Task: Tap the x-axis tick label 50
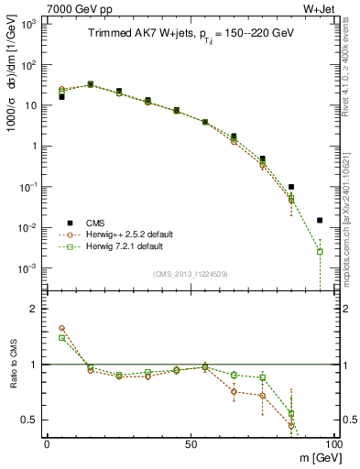tap(190, 442)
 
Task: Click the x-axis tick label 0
tap(47, 442)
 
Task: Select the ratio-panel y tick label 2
tap(34, 309)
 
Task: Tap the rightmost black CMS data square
tap(320, 220)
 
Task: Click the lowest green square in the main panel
tap(320, 251)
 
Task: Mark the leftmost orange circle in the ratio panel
tap(61, 328)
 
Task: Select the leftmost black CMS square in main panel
tap(61, 96)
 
